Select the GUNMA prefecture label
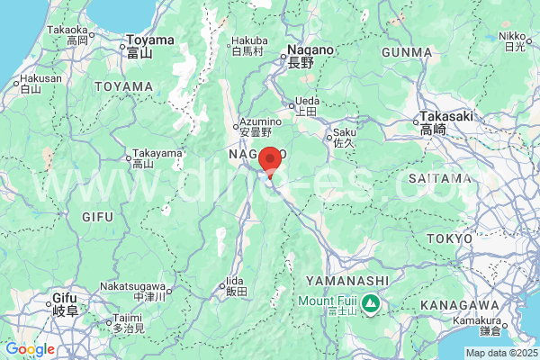(407, 52)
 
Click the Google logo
(30, 349)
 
